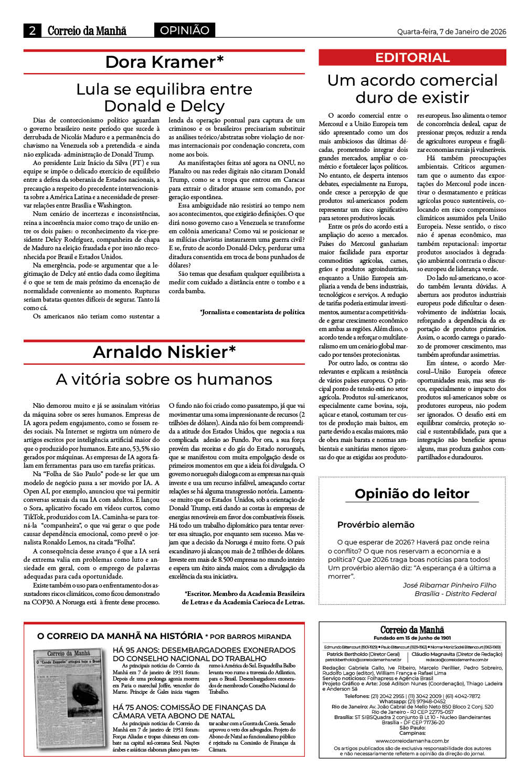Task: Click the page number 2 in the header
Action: coord(33,30)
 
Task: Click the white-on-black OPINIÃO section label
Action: coord(184,30)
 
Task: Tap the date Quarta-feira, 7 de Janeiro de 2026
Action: coord(451,32)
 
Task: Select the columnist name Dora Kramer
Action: coord(164,62)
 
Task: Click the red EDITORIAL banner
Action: coord(412,58)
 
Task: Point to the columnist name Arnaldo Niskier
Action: coord(164,352)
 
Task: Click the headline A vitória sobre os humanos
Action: coord(164,379)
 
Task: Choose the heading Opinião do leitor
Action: coord(412,493)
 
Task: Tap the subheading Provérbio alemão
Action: coord(376,524)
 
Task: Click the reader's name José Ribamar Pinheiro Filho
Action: coord(449,585)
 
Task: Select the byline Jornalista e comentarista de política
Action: coord(252,312)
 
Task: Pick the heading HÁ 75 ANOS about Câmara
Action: coord(189,711)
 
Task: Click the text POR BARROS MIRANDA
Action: coord(251,636)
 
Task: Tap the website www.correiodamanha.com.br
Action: coord(412,740)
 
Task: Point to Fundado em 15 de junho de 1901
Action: coord(412,638)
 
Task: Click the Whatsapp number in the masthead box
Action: coord(412,701)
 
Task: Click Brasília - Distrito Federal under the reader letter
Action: coord(455,593)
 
